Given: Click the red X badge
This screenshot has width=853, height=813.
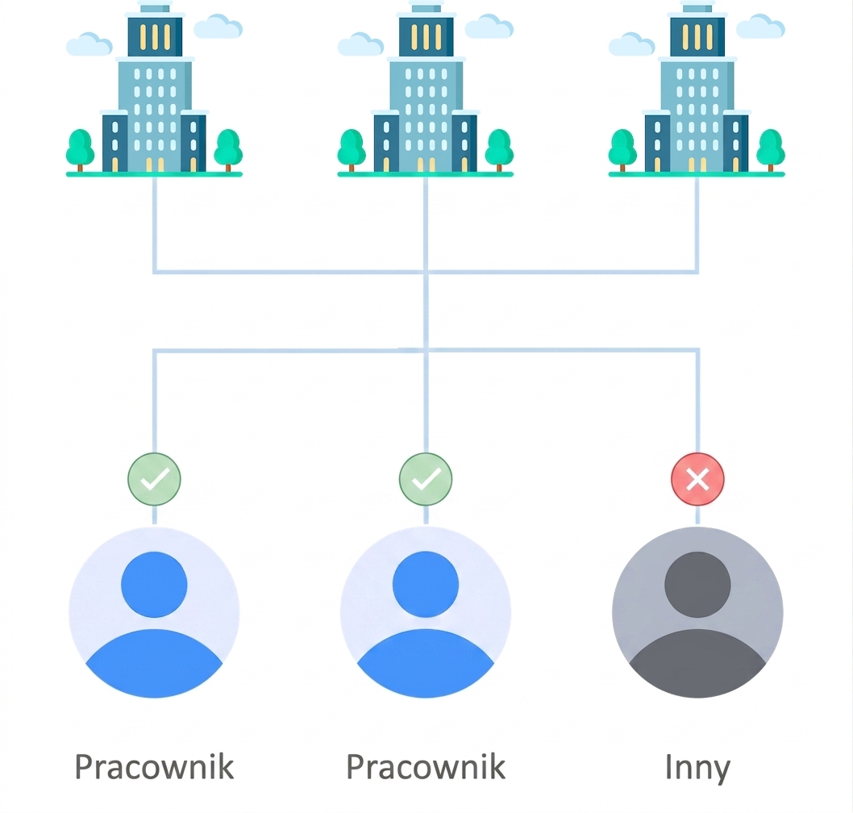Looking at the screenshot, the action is [x=697, y=479].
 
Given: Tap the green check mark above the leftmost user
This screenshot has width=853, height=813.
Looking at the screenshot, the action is [x=155, y=479].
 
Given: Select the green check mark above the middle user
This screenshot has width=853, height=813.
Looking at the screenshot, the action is [x=426, y=479].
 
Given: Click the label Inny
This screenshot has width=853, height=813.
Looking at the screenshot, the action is [x=697, y=768].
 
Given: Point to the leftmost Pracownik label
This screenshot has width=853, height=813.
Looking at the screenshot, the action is [x=154, y=767].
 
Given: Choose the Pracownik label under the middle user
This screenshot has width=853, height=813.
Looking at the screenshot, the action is [x=426, y=767].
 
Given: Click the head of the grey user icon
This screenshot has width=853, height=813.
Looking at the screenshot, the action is [x=697, y=585].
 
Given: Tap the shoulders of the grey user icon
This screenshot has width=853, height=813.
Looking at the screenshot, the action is [x=697, y=664].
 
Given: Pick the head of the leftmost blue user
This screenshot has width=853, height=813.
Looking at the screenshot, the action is [x=154, y=585].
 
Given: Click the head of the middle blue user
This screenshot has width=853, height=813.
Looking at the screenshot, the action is [x=426, y=585].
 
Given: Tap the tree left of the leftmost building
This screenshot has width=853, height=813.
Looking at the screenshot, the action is [x=80, y=150].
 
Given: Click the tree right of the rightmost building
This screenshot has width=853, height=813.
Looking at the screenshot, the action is [x=770, y=150].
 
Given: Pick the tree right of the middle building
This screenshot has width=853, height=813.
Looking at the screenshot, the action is [x=499, y=150].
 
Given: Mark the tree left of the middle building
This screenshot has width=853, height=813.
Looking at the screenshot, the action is [x=352, y=150].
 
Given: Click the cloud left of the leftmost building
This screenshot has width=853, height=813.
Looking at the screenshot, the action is [x=89, y=44].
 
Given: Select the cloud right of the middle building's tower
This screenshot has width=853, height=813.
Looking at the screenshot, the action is [x=489, y=27].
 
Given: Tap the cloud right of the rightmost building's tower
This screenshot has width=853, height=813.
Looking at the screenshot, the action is [x=760, y=27].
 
